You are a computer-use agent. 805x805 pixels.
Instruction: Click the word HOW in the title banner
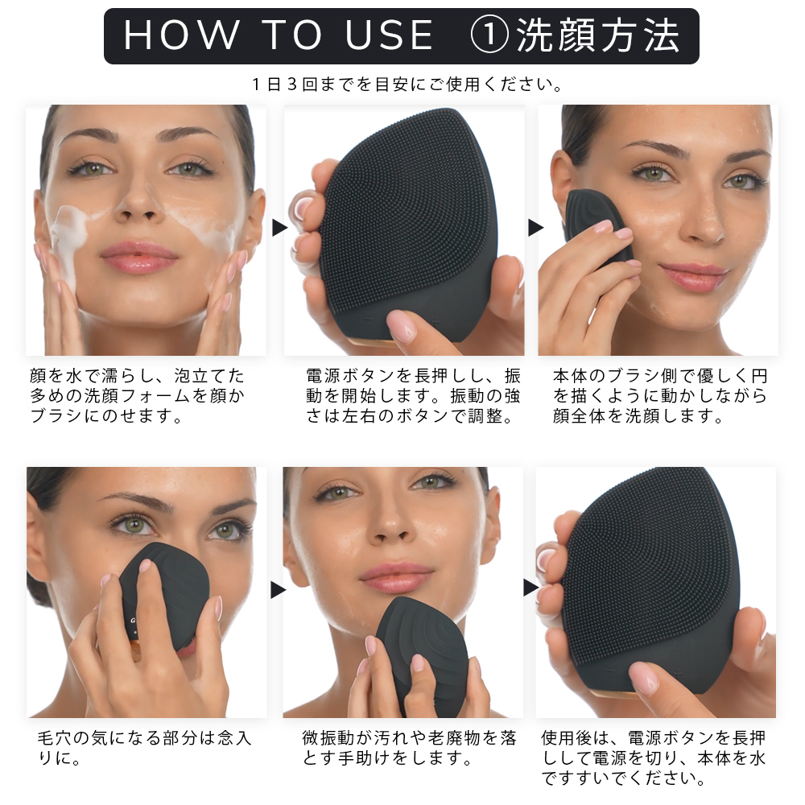point(182,35)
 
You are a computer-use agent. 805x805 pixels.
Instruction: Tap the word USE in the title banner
point(389,35)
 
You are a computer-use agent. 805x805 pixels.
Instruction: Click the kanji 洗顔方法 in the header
point(597,35)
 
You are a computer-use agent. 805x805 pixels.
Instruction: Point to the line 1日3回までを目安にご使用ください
point(407,85)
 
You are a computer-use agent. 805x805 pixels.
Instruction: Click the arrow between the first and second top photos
point(279,228)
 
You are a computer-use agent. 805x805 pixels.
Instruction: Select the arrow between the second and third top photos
point(535,228)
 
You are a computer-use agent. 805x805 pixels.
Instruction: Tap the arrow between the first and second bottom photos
point(279,590)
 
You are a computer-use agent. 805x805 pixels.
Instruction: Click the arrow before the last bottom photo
point(530,588)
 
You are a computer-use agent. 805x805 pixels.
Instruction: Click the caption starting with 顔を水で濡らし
point(137,396)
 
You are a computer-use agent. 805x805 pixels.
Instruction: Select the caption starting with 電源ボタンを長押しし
point(413,396)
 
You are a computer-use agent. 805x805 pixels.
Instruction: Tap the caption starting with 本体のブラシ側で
point(660,396)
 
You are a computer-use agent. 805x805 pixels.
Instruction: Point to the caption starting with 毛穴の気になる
point(144,748)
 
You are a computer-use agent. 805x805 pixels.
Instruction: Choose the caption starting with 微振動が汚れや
point(409,748)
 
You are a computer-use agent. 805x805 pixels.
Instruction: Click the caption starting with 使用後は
point(654,758)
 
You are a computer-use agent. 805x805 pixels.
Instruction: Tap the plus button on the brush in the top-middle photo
point(436,322)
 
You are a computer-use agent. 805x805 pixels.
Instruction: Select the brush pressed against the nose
point(167,596)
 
